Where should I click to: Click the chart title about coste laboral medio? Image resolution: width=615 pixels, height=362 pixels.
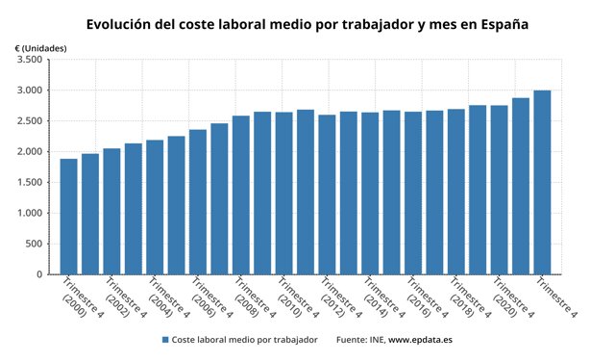tap(307, 23)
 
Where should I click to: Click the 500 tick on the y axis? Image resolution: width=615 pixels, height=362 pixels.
tap(35, 244)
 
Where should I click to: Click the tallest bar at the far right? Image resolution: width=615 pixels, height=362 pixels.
tap(542, 182)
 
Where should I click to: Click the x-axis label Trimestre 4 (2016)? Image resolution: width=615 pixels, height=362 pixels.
tap(423, 298)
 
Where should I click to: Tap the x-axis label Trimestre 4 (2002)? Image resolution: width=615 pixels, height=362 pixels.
tap(122, 298)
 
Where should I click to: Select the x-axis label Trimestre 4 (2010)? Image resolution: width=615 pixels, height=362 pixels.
tap(294, 298)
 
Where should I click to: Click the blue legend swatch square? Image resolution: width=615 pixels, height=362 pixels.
tap(165, 340)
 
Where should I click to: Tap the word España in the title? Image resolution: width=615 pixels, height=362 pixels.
tap(501, 23)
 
